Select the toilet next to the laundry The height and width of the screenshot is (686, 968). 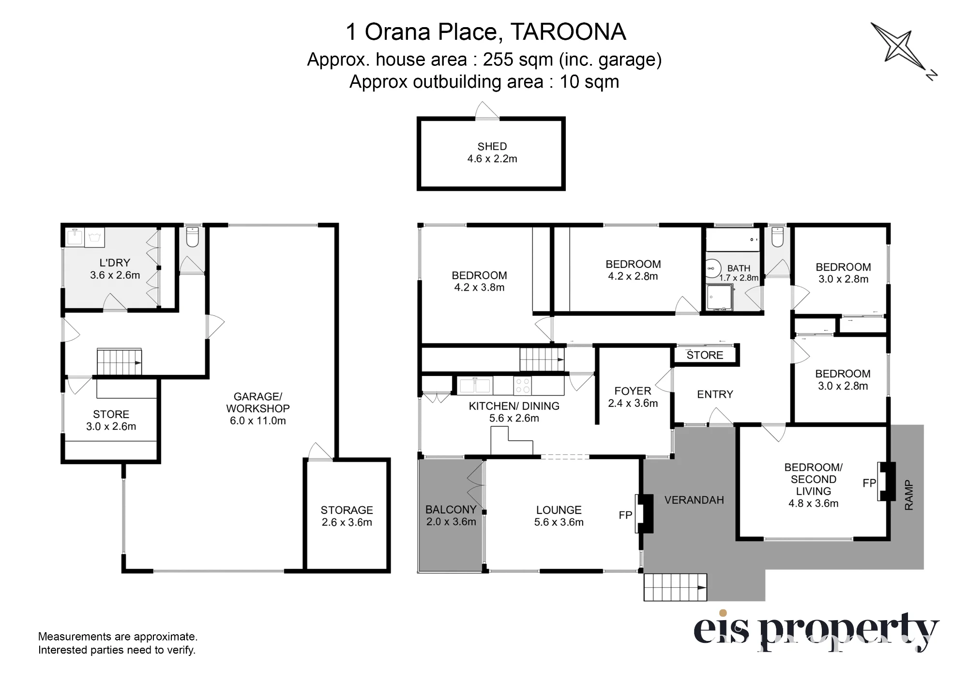(193, 237)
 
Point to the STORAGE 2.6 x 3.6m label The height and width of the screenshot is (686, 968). (347, 516)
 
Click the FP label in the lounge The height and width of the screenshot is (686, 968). (625, 515)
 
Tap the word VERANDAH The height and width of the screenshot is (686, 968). (694, 500)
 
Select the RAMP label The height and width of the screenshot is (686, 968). (908, 495)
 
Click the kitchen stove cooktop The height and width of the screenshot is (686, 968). (522, 386)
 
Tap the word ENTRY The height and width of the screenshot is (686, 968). (715, 394)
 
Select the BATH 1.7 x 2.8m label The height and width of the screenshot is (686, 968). (739, 273)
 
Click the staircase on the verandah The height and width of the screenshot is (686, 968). (675, 587)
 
